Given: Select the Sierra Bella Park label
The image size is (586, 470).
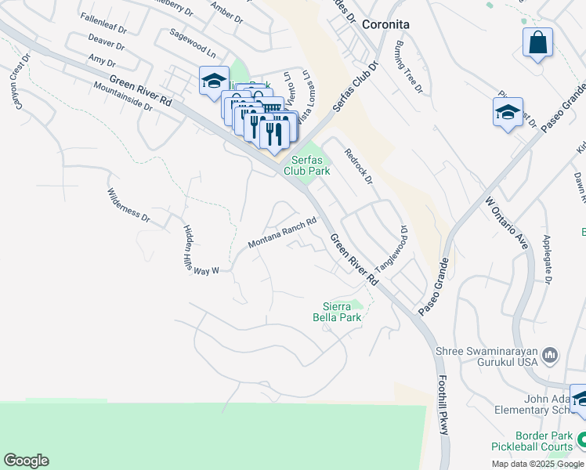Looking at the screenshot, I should point(342,312).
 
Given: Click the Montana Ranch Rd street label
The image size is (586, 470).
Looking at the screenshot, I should point(282,233).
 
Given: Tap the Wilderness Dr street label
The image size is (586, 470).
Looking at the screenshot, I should point(128,203).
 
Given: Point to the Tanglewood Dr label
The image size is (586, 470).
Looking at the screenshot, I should point(392,250).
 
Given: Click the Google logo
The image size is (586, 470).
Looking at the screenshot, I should point(26,461).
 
